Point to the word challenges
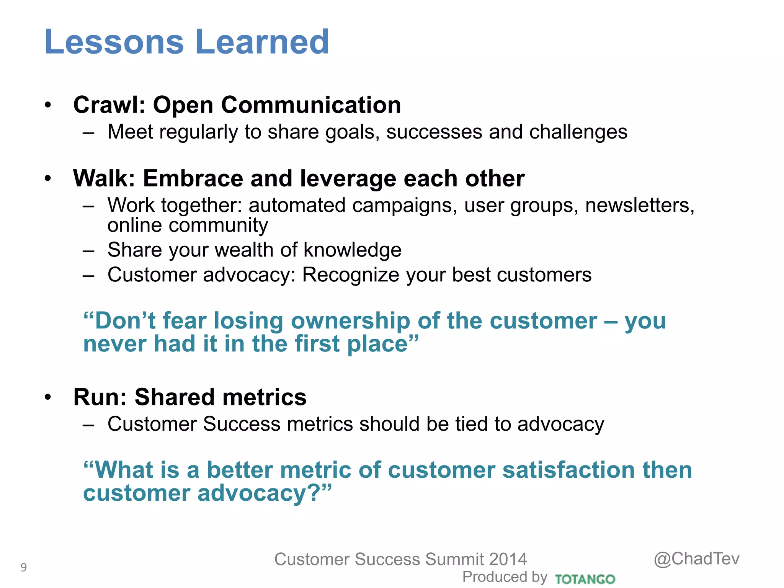(x=578, y=132)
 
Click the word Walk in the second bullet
(x=101, y=178)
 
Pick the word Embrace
(x=193, y=178)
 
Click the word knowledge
(x=352, y=250)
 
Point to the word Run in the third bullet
(x=97, y=397)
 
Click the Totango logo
(x=585, y=579)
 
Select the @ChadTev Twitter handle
(x=696, y=559)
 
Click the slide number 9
(x=24, y=567)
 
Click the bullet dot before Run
(x=47, y=397)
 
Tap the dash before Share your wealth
(x=88, y=250)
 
